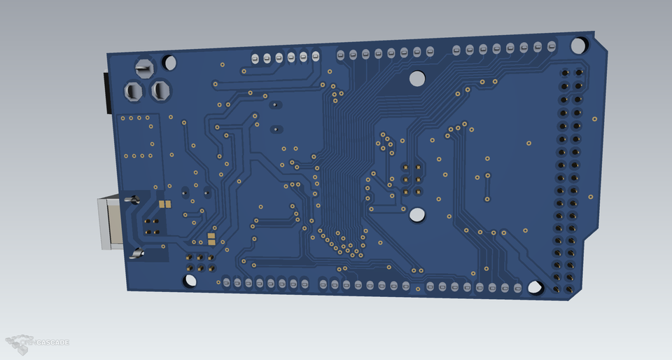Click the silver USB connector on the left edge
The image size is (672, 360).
coord(111,221)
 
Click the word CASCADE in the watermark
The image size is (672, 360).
coord(52,342)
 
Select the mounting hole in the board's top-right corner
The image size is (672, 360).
coord(578,46)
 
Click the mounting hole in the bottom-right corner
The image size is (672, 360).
coord(535,287)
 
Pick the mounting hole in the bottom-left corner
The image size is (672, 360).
coord(190,281)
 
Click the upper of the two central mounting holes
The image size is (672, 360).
coord(416,78)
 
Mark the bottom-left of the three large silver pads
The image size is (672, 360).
coord(133,90)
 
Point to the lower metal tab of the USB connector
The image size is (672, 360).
coord(137,254)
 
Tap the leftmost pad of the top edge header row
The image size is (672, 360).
coord(255,58)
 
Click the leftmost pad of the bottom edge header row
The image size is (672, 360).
coord(226,282)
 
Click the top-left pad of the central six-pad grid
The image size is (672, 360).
coord(405,167)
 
